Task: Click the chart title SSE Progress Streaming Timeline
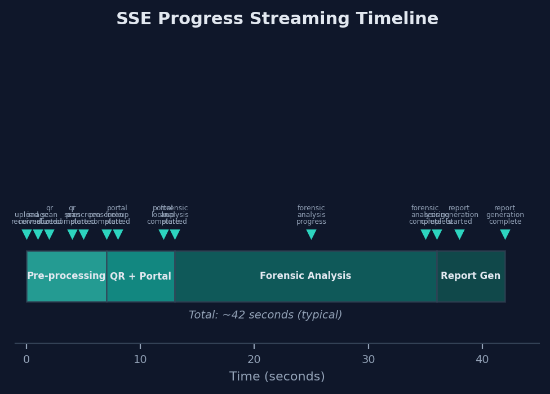click(x=277, y=19)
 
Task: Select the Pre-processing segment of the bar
click(x=66, y=276)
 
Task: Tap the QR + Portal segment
click(x=140, y=276)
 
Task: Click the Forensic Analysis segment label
click(x=305, y=276)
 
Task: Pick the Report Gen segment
click(x=471, y=276)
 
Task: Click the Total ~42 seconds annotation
click(x=265, y=315)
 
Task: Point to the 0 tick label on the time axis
click(x=26, y=360)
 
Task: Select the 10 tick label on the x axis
click(x=140, y=360)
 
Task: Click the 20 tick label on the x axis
click(x=254, y=360)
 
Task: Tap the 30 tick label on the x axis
click(x=368, y=360)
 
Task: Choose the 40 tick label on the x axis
click(x=482, y=360)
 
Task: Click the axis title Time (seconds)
click(x=277, y=377)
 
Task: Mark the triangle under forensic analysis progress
click(x=311, y=234)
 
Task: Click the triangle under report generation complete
click(x=505, y=234)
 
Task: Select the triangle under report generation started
click(x=459, y=234)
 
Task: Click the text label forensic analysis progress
click(x=311, y=215)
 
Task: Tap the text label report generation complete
click(x=505, y=215)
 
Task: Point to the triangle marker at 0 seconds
click(x=26, y=234)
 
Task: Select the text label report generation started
click(x=459, y=215)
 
